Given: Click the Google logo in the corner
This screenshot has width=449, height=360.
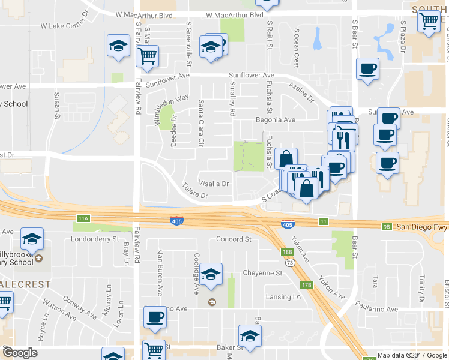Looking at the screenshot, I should coord(20,353).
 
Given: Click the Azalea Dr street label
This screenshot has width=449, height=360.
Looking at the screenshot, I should coord(301,91).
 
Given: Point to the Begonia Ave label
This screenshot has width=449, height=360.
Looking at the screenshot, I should coord(280,119).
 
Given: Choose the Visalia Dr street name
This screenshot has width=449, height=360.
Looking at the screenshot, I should coord(214,184).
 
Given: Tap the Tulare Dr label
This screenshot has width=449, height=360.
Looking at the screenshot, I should coord(195,194).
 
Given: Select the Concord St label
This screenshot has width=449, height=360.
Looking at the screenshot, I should coord(233,239).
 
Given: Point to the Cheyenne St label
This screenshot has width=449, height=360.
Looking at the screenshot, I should coord(262,273).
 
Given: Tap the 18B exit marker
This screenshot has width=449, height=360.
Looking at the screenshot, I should coord(288,252).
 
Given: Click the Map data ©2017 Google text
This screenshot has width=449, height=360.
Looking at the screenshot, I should coord(412,355).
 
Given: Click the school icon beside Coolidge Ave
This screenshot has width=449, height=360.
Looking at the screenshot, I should coord(211,276).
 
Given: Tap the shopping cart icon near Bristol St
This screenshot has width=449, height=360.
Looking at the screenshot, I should coord(429,22).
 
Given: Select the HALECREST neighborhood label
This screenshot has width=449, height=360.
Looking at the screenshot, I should coord(25,284).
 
